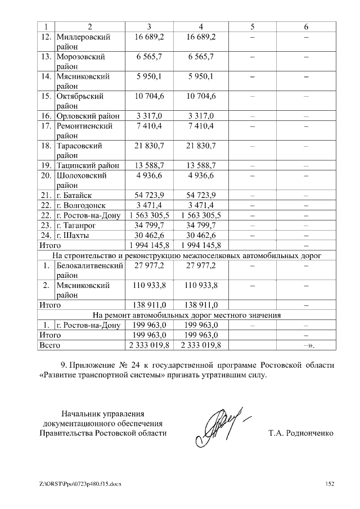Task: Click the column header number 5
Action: click(x=252, y=27)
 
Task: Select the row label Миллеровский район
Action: click(x=83, y=42)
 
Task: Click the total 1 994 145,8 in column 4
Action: click(x=200, y=245)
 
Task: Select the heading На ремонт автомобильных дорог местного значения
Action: click(x=187, y=314)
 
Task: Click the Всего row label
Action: click(x=49, y=344)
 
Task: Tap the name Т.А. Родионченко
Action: click(x=301, y=434)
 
